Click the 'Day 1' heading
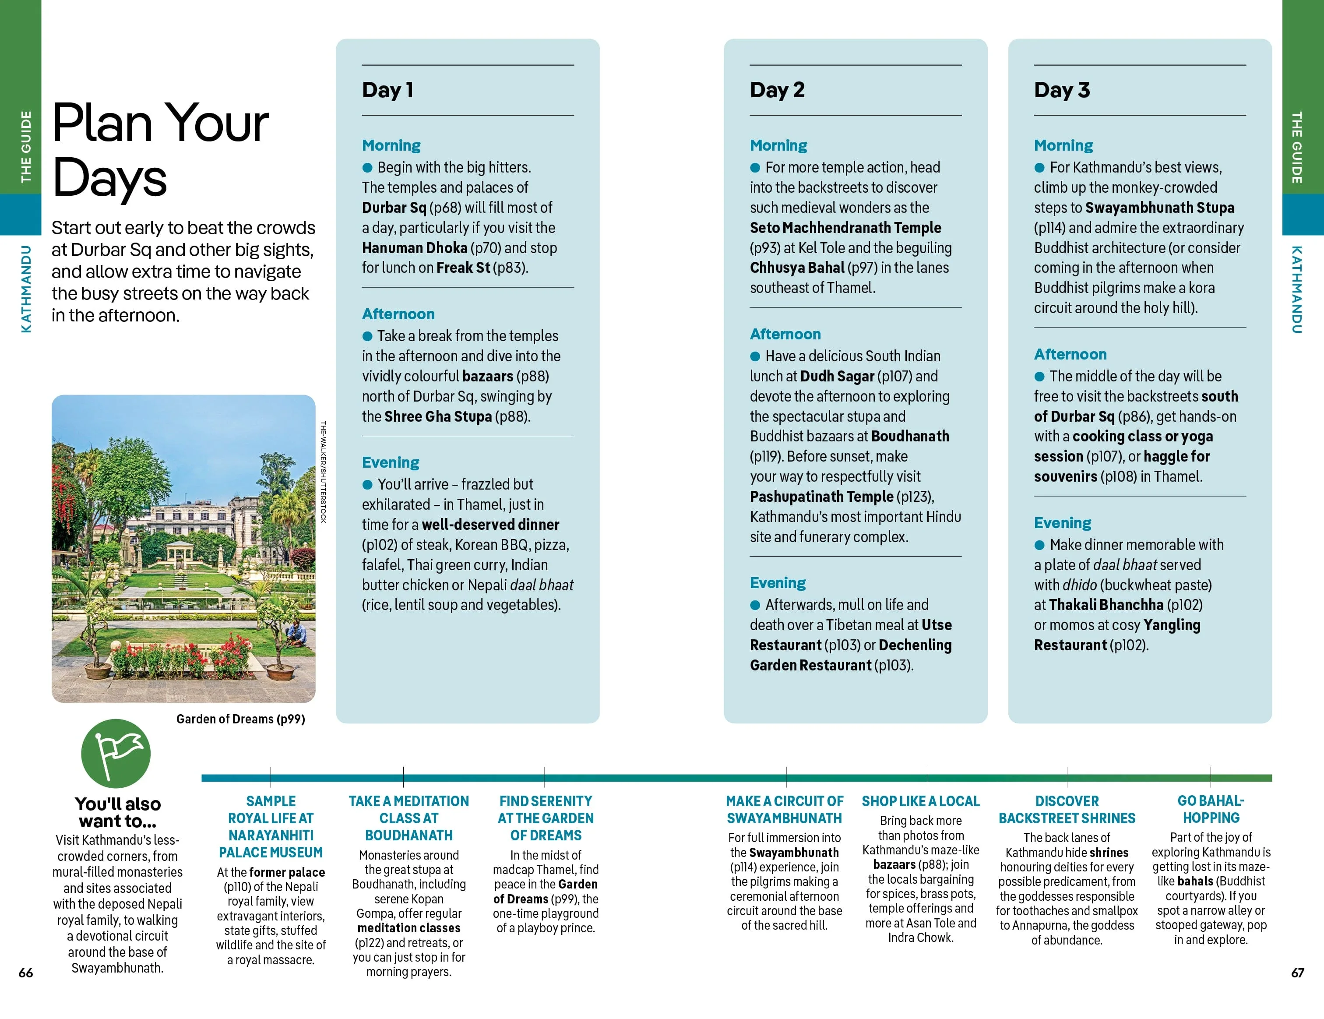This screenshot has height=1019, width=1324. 387,90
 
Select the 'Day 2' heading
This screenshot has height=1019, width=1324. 777,90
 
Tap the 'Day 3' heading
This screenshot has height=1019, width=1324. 1061,90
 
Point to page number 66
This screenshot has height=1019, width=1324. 25,972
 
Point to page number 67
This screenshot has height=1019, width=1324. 1297,972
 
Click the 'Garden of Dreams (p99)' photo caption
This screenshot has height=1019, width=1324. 240,719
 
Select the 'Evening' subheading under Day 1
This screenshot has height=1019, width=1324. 391,462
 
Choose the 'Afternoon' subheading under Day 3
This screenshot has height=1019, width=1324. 1070,354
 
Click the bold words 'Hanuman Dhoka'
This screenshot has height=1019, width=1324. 414,248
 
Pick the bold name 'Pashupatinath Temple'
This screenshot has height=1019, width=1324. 821,497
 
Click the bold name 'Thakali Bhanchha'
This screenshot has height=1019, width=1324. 1106,604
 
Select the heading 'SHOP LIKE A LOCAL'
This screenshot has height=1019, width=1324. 920,801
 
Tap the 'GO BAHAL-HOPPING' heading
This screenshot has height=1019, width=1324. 1211,809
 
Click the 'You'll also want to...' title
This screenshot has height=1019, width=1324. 118,812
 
